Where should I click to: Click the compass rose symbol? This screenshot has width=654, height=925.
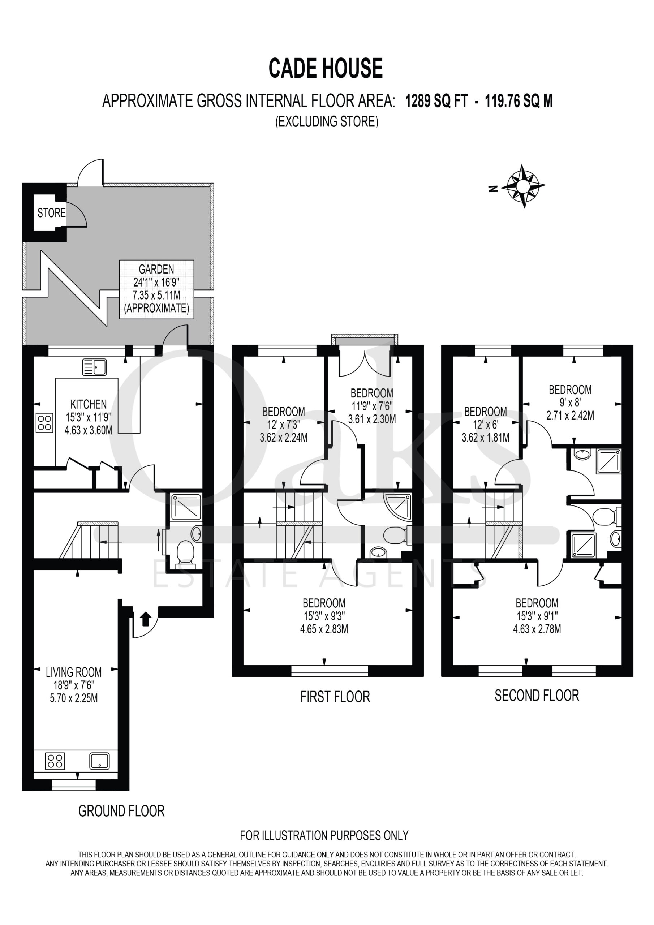[524, 186]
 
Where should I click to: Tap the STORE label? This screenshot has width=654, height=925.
[52, 213]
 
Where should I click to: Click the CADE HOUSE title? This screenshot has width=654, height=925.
[326, 68]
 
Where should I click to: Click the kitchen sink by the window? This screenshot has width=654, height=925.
[94, 367]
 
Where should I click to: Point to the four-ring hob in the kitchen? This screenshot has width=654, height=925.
[44, 423]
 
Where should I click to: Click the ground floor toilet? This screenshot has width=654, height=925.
[185, 554]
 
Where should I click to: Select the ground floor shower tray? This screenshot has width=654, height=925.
[186, 507]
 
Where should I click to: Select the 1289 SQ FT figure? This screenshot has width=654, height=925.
[436, 101]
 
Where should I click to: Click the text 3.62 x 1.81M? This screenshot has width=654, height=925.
[486, 437]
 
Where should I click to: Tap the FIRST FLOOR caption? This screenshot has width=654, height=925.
[335, 697]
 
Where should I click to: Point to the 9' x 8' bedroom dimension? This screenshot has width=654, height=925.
[570, 403]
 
